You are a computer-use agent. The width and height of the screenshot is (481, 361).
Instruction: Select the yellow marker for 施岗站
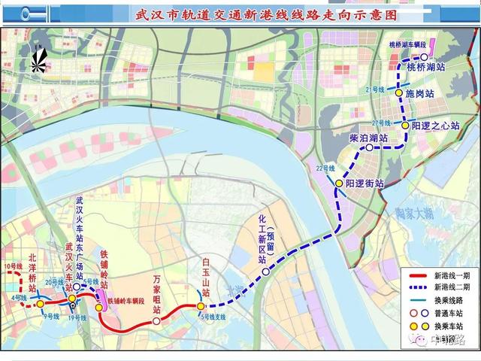pyautogui.click(x=400, y=94)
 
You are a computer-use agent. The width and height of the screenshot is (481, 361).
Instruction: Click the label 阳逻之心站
pyautogui.click(x=435, y=126)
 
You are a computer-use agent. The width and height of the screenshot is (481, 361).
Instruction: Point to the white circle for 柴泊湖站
pyautogui.click(x=369, y=148)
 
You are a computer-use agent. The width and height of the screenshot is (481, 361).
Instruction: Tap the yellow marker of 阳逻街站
pyautogui.click(x=339, y=183)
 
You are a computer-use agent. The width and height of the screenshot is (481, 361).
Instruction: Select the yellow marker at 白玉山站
pyautogui.click(x=201, y=306)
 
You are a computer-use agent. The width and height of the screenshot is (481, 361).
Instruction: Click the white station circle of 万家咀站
pyautogui.click(x=156, y=321)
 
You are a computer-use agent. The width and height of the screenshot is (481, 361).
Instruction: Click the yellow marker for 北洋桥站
pyautogui.click(x=40, y=305)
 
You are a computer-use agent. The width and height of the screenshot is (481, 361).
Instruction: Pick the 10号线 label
pyautogui.click(x=12, y=267)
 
